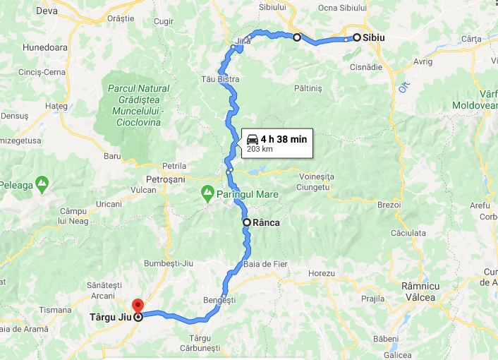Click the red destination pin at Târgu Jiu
(x=138, y=306)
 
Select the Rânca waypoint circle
(x=247, y=222)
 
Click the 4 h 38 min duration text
(x=284, y=139)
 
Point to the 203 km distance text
(x=259, y=149)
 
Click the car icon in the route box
(x=252, y=140)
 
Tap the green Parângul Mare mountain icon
(x=207, y=192)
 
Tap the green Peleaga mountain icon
(x=43, y=185)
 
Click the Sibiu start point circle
(x=357, y=37)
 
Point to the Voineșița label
(x=315, y=176)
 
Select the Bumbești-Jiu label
(x=167, y=263)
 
